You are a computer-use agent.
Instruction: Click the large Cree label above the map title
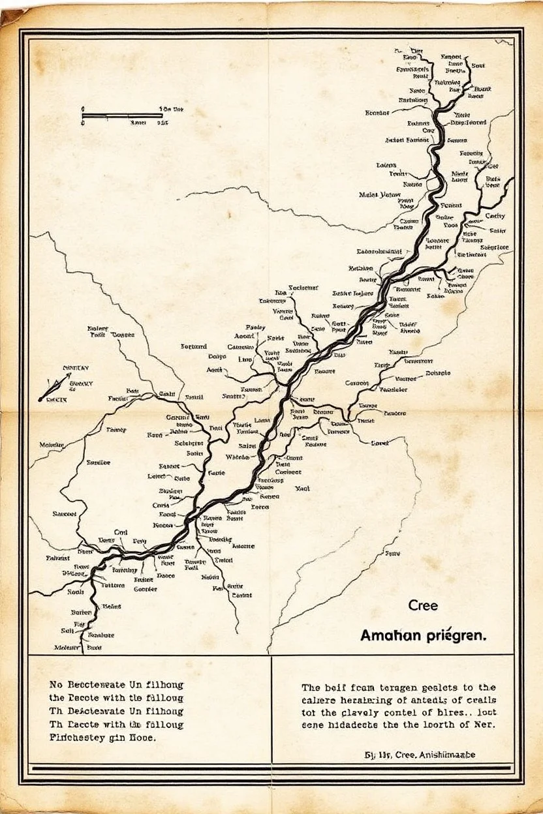click(423, 605)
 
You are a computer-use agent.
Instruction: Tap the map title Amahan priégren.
click(423, 635)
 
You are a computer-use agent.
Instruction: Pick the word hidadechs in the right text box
click(352, 725)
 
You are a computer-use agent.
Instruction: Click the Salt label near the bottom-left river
click(68, 631)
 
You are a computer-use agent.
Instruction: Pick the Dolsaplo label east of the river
click(438, 374)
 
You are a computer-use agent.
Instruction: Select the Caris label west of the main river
click(161, 505)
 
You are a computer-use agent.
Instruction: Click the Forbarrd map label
click(194, 346)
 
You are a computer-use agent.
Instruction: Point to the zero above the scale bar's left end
click(83, 110)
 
